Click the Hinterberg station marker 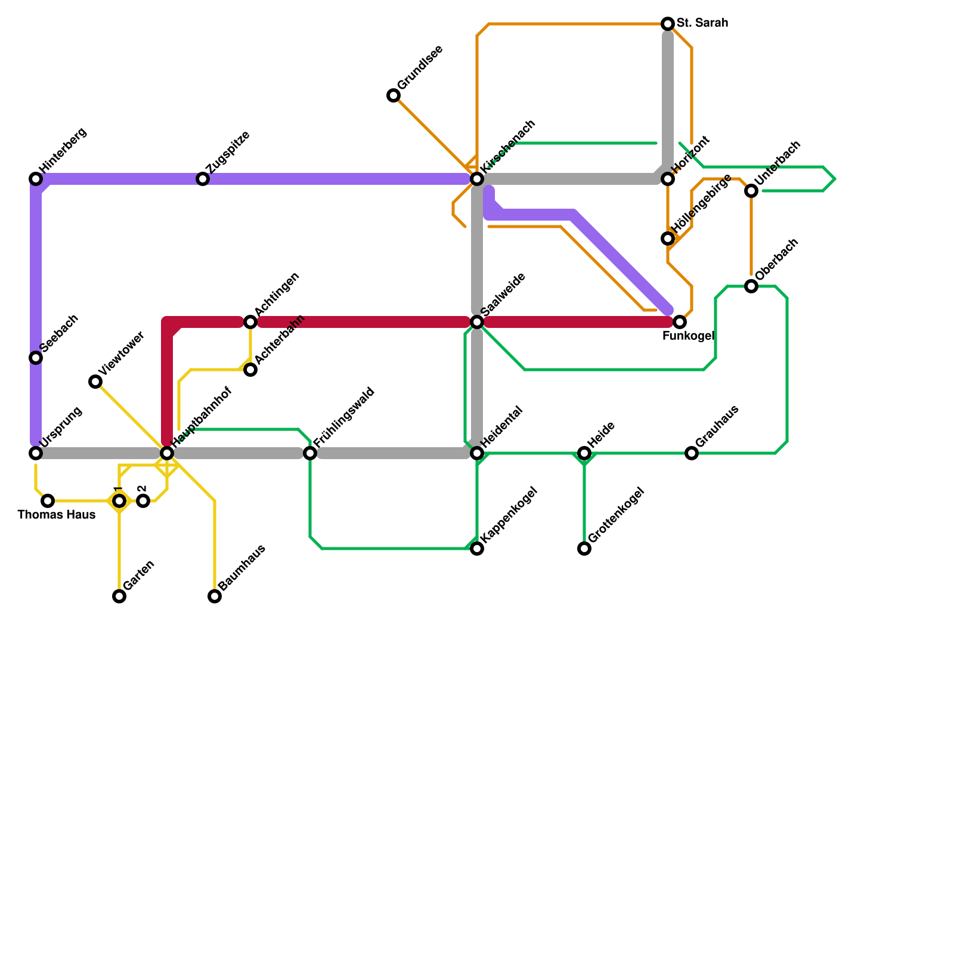click(x=36, y=179)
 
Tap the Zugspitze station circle click(x=203, y=179)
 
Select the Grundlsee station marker click(x=394, y=95)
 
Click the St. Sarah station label click(x=702, y=24)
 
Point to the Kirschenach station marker click(x=477, y=179)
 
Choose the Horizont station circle click(x=668, y=179)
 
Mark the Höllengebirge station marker click(x=668, y=238)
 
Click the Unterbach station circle click(x=751, y=191)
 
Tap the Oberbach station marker click(x=751, y=286)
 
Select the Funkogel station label click(x=688, y=336)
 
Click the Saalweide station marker click(x=477, y=322)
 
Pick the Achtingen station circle click(x=250, y=322)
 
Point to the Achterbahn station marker click(x=250, y=370)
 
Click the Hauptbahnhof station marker click(x=167, y=453)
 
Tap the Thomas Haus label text click(x=57, y=515)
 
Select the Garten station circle click(x=119, y=596)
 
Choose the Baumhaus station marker click(x=215, y=596)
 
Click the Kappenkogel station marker click(x=477, y=549)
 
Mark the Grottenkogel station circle click(x=584, y=549)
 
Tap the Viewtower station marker click(x=95, y=382)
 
